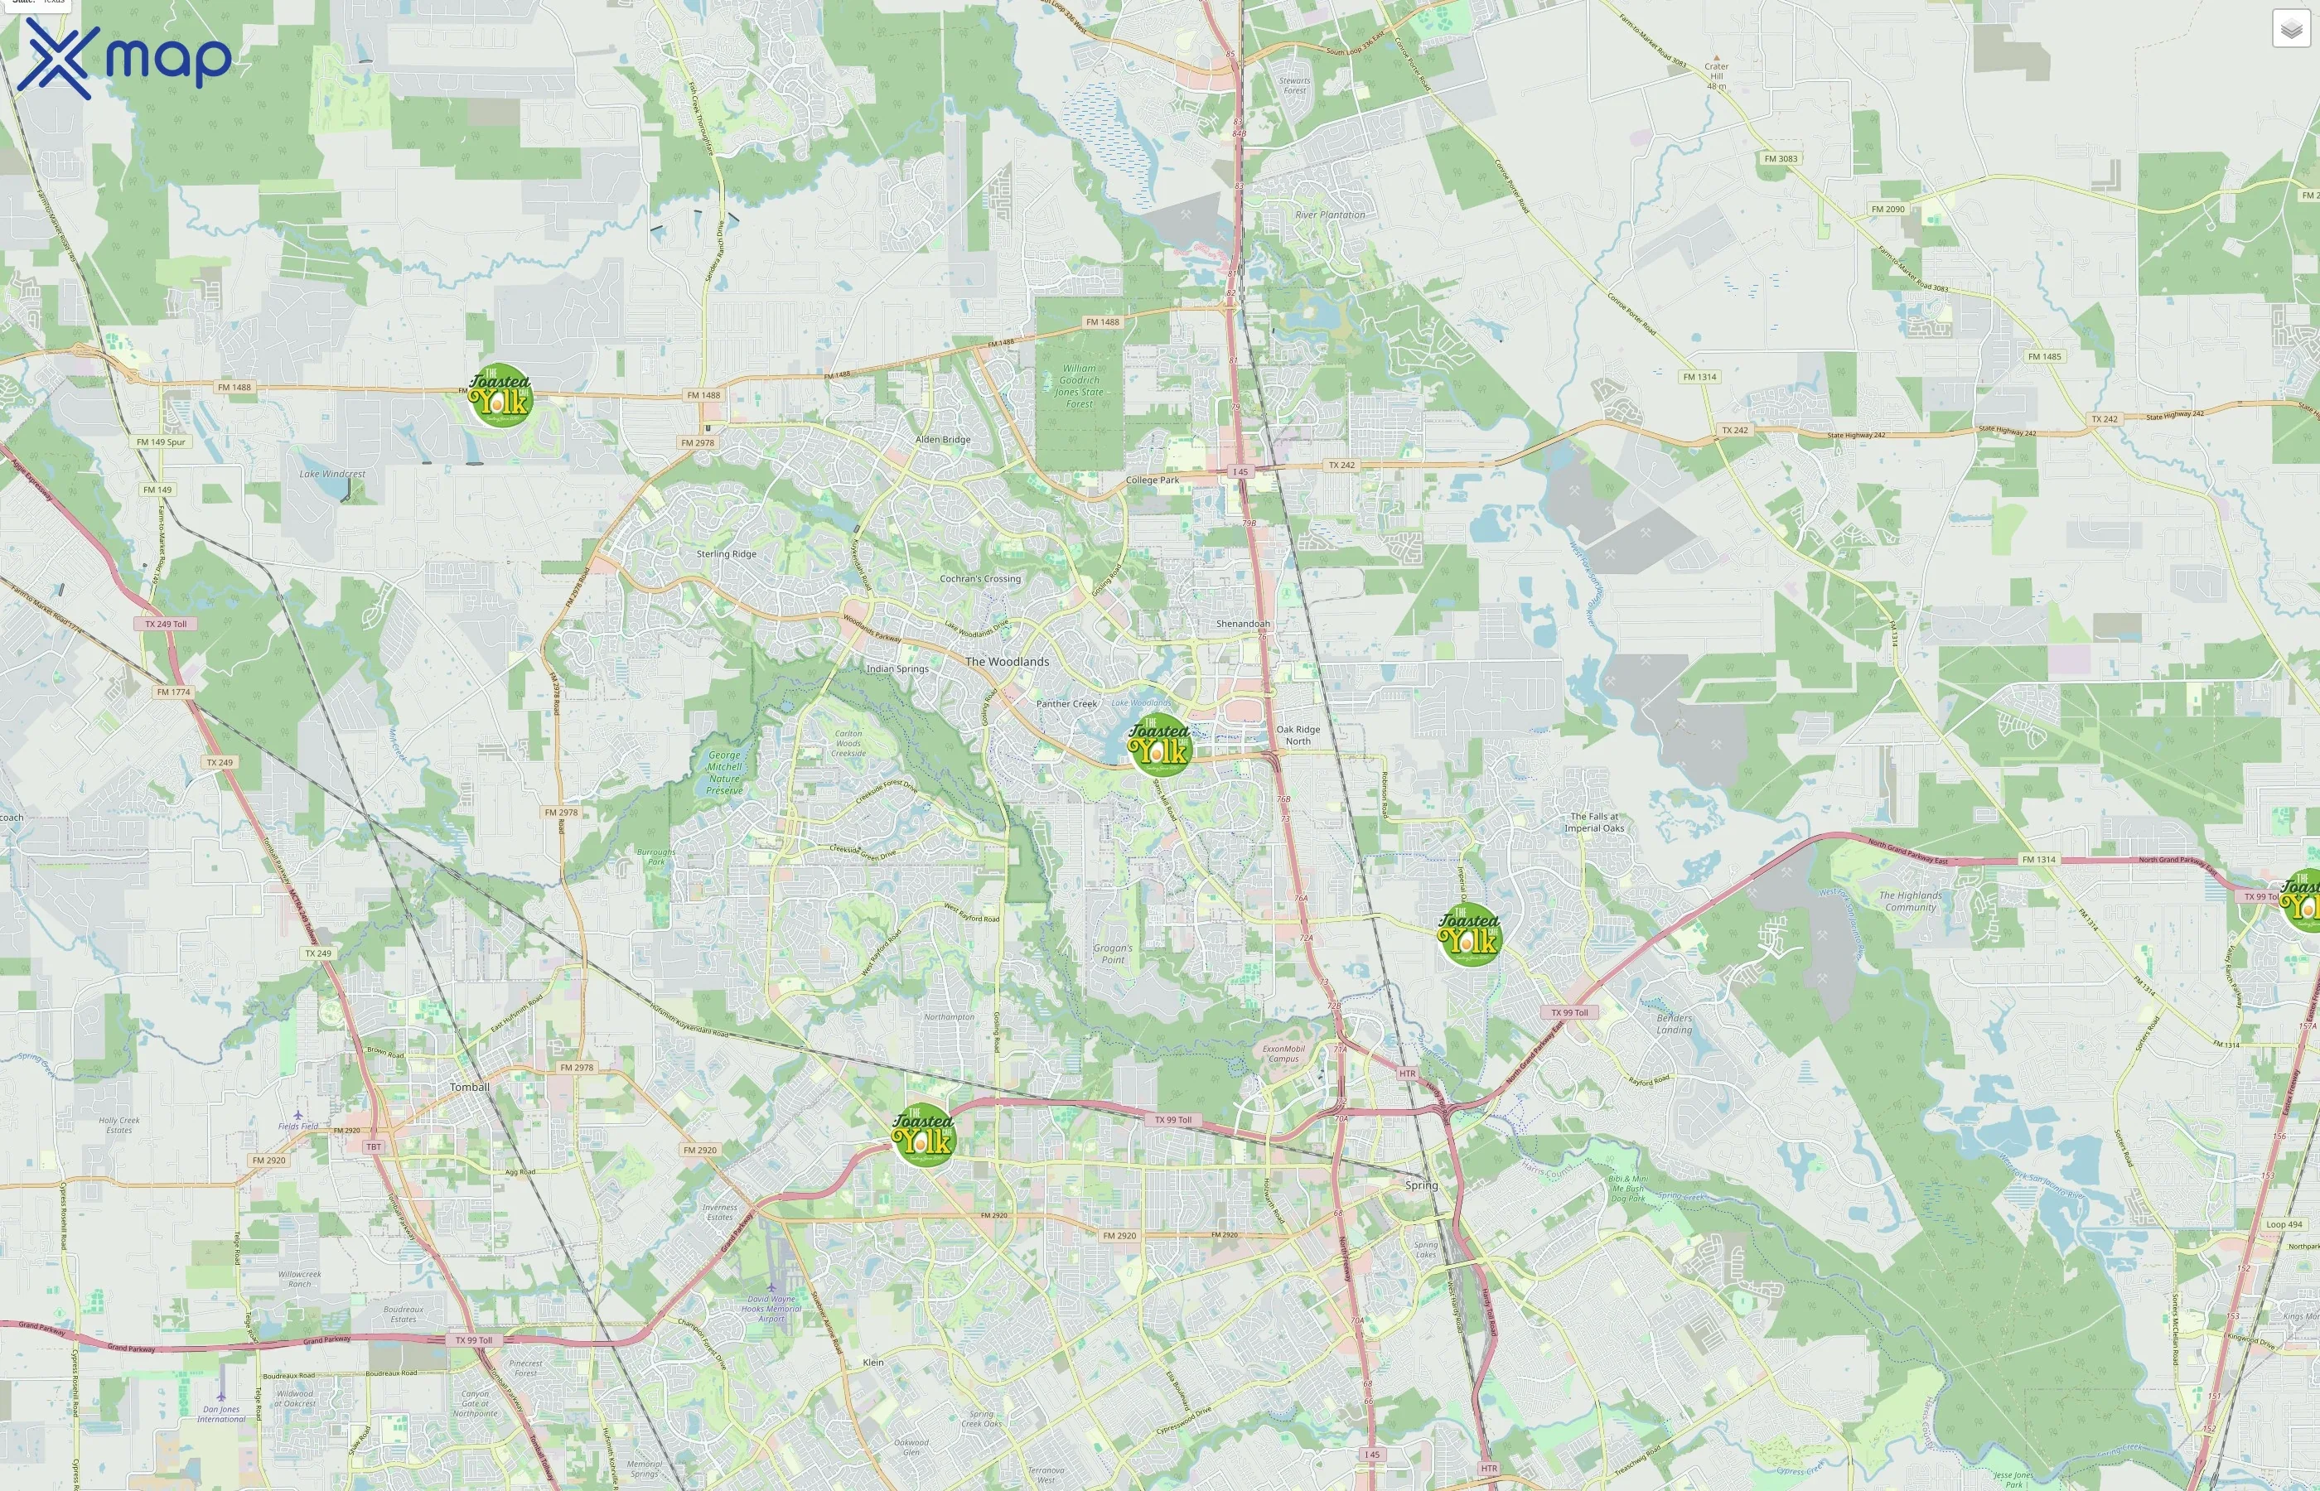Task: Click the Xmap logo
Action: (124, 58)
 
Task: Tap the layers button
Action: (2290, 29)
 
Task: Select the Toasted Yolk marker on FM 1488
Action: (500, 395)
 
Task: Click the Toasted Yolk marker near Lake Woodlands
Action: (1159, 745)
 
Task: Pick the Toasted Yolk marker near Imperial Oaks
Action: (1469, 934)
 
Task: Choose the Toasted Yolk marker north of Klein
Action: (924, 1135)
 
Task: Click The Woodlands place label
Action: (1007, 662)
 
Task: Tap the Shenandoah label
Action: (1242, 624)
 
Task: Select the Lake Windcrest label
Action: (332, 475)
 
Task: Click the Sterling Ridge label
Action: (726, 554)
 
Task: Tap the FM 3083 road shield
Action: (1780, 159)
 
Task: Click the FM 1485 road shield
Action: (2044, 356)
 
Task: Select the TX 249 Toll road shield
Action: (166, 625)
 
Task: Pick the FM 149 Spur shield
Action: (161, 442)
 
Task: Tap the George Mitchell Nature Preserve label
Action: (723, 773)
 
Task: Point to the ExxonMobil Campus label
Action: (1284, 1054)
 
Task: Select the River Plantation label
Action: (1330, 215)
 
